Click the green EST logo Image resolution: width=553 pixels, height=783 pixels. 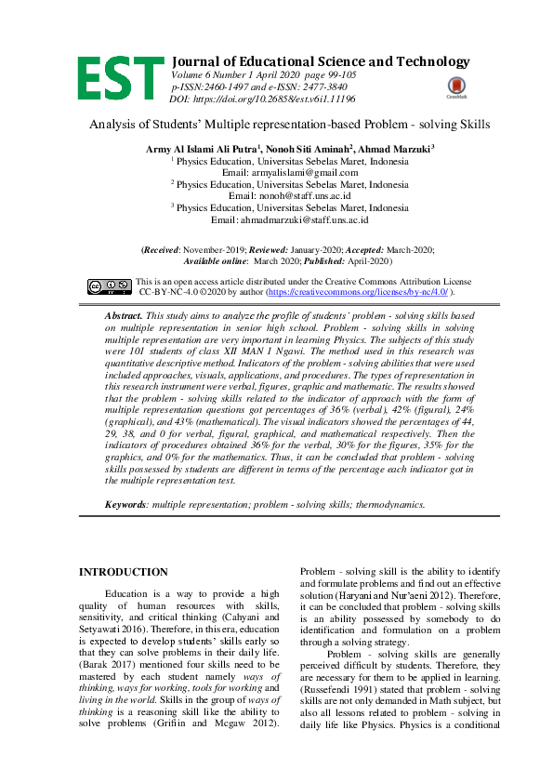120,78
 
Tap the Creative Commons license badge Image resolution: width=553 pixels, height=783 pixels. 110,285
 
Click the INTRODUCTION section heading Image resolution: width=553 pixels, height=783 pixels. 124,571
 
